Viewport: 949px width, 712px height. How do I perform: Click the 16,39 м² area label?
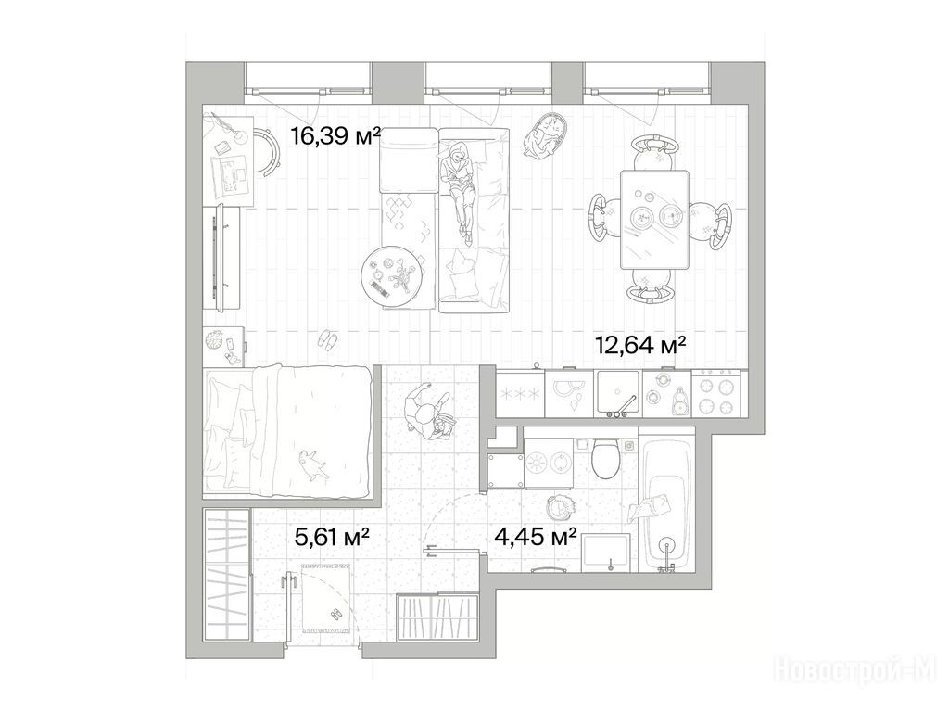tap(335, 136)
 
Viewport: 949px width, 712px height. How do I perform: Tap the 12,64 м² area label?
tap(640, 346)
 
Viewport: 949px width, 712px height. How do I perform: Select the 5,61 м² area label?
tap(332, 537)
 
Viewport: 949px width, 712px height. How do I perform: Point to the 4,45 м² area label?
tap(535, 537)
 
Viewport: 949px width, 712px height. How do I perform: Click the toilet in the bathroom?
tap(604, 458)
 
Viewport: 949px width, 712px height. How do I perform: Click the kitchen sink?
tap(617, 393)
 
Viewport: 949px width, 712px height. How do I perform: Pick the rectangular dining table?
tap(654, 219)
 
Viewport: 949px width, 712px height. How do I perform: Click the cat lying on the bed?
tap(313, 463)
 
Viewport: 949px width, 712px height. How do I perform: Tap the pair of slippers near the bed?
tap(329, 339)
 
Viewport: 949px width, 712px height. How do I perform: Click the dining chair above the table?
tap(653, 153)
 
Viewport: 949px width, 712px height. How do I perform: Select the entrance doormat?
tap(325, 598)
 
